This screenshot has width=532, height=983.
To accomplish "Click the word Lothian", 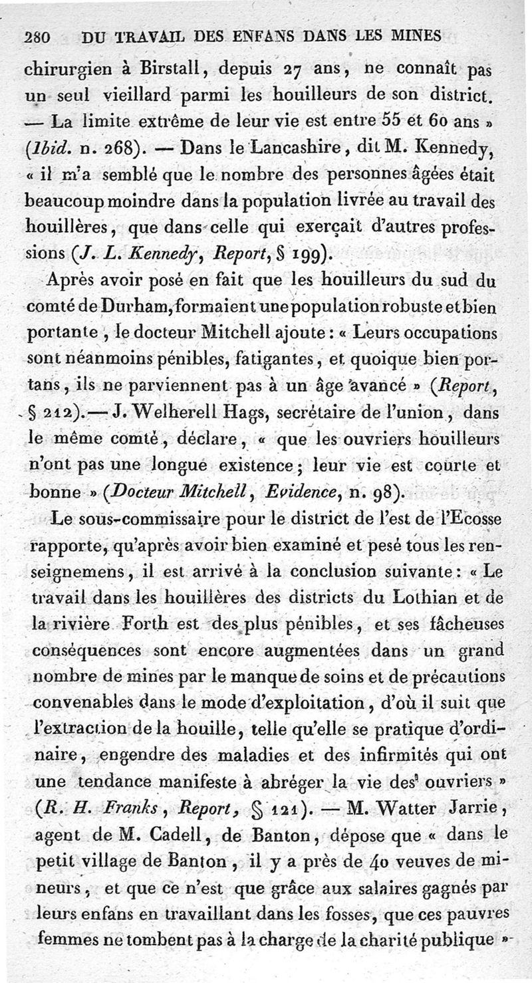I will tap(433, 598).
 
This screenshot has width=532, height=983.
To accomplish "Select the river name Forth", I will tap(173, 625).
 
